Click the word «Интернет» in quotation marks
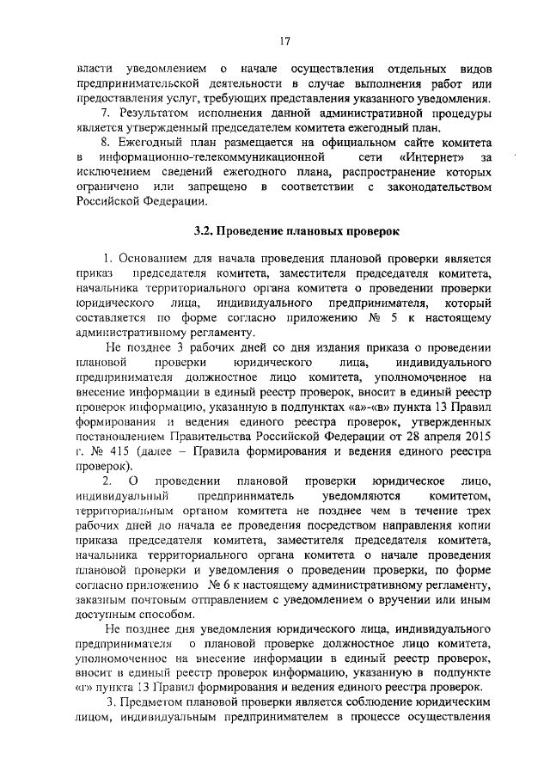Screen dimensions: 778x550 [431, 157]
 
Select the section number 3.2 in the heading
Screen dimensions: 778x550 [204, 230]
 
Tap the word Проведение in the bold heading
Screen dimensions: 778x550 [252, 230]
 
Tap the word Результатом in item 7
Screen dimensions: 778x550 [161, 113]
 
